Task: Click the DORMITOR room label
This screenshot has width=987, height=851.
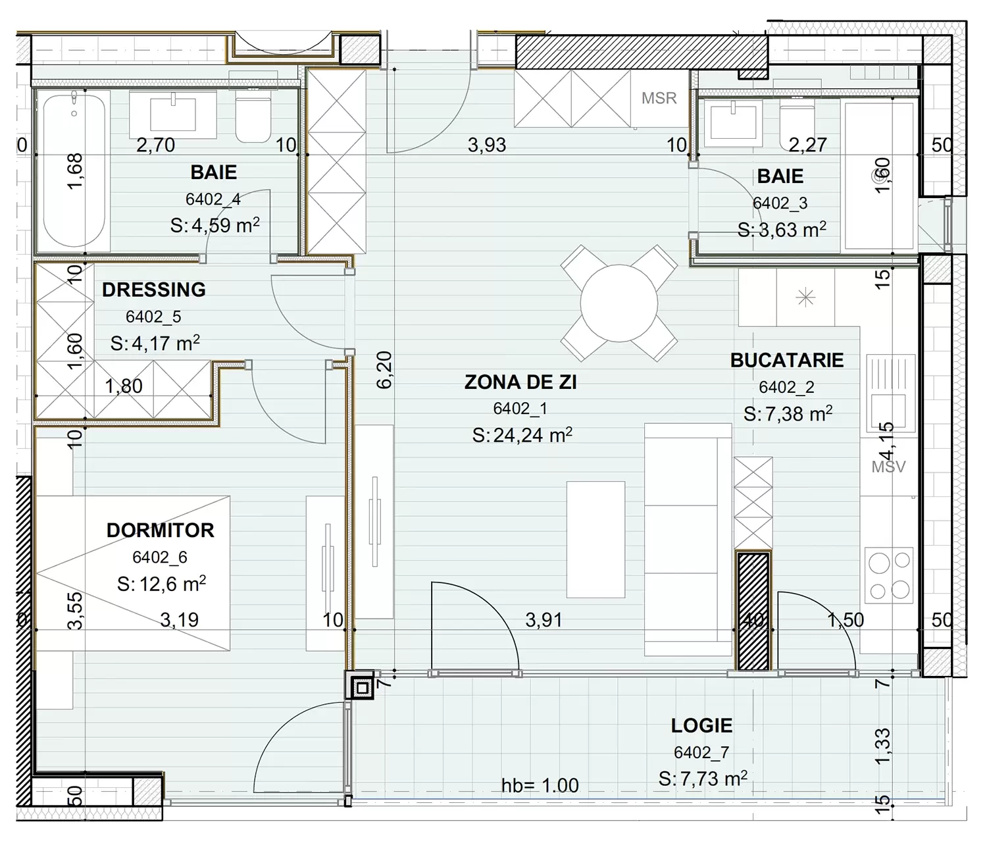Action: click(x=160, y=530)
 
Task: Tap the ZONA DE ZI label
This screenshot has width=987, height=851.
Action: click(x=520, y=382)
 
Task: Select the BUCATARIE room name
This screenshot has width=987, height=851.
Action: click(x=787, y=360)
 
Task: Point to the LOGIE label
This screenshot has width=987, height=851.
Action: click(x=701, y=726)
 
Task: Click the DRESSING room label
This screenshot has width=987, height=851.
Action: click(x=154, y=290)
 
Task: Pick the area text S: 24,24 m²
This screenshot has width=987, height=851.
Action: click(x=522, y=435)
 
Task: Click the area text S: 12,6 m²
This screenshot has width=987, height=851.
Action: click(x=161, y=584)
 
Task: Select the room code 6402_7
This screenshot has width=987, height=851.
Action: click(x=701, y=753)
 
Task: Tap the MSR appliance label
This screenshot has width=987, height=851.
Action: click(x=659, y=98)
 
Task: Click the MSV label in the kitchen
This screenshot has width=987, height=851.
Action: click(x=888, y=467)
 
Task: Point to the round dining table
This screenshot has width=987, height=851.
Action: click(x=619, y=303)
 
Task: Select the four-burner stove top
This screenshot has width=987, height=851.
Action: click(x=889, y=575)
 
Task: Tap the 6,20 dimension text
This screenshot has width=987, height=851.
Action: click(x=384, y=370)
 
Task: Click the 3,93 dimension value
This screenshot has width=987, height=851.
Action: click(x=486, y=145)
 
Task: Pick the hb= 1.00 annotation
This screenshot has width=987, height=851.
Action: click(x=540, y=786)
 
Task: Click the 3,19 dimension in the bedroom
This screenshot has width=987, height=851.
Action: click(x=179, y=620)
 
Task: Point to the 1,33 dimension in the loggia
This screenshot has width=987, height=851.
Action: click(x=883, y=746)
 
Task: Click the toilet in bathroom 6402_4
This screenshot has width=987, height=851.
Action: click(x=253, y=119)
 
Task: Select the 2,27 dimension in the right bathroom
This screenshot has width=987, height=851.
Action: click(x=807, y=145)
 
